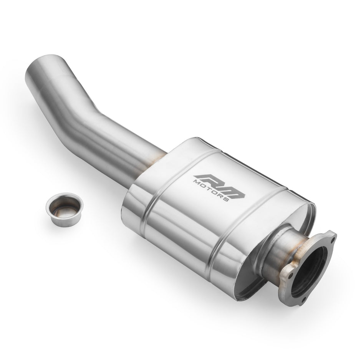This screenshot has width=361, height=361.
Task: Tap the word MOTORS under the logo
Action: point(212,190)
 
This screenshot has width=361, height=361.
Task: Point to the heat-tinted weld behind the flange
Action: point(298,250)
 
